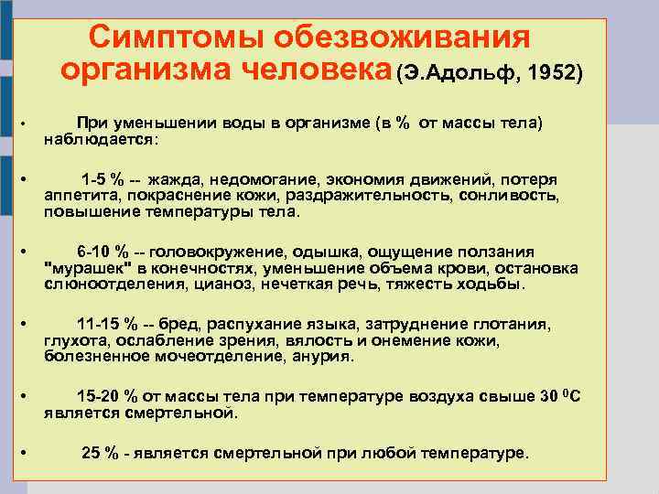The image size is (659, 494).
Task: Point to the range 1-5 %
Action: [x=103, y=179]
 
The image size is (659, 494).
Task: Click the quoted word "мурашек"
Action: [x=89, y=268]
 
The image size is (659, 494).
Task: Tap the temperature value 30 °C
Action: [x=561, y=396]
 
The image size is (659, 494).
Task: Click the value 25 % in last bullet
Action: [x=100, y=453]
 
